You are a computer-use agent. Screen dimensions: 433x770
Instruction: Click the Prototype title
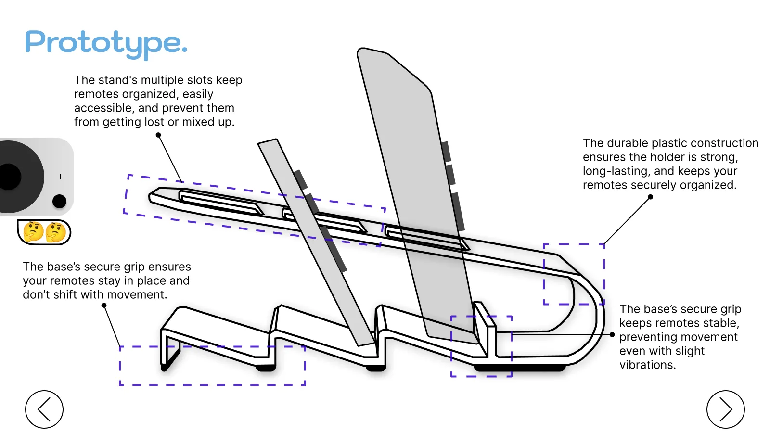point(106,43)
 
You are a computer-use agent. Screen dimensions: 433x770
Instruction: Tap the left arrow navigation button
point(44,409)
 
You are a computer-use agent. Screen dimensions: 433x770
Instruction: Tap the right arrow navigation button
point(725,409)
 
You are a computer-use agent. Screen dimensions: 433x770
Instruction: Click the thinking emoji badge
point(44,232)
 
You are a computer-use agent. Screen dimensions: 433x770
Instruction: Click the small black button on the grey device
point(59,201)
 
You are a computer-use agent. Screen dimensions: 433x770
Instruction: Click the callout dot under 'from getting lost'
point(158,135)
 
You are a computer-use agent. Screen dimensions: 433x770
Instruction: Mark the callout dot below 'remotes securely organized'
point(650,197)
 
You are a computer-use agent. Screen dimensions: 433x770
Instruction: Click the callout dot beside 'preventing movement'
point(612,335)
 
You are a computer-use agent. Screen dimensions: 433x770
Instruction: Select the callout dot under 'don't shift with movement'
point(104,306)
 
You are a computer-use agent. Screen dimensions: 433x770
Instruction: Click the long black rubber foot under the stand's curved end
point(520,368)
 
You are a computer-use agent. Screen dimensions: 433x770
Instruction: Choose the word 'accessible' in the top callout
point(103,108)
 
